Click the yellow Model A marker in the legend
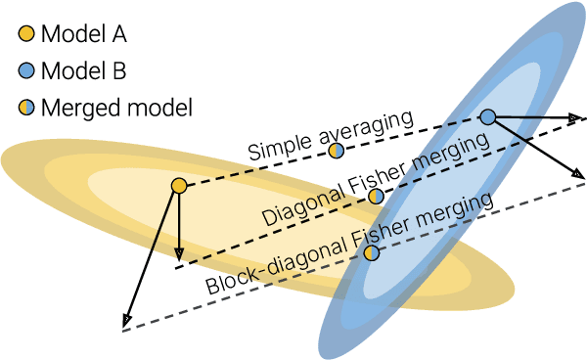pyautogui.click(x=25, y=35)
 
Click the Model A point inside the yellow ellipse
pyautogui.click(x=178, y=185)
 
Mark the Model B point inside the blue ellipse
pyautogui.click(x=488, y=117)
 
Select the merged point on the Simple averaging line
pyautogui.click(x=336, y=150)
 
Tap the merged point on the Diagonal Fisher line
pyautogui.click(x=377, y=196)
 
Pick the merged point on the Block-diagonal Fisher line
pyautogui.click(x=371, y=252)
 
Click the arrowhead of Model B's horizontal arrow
pyautogui.click(x=579, y=117)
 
